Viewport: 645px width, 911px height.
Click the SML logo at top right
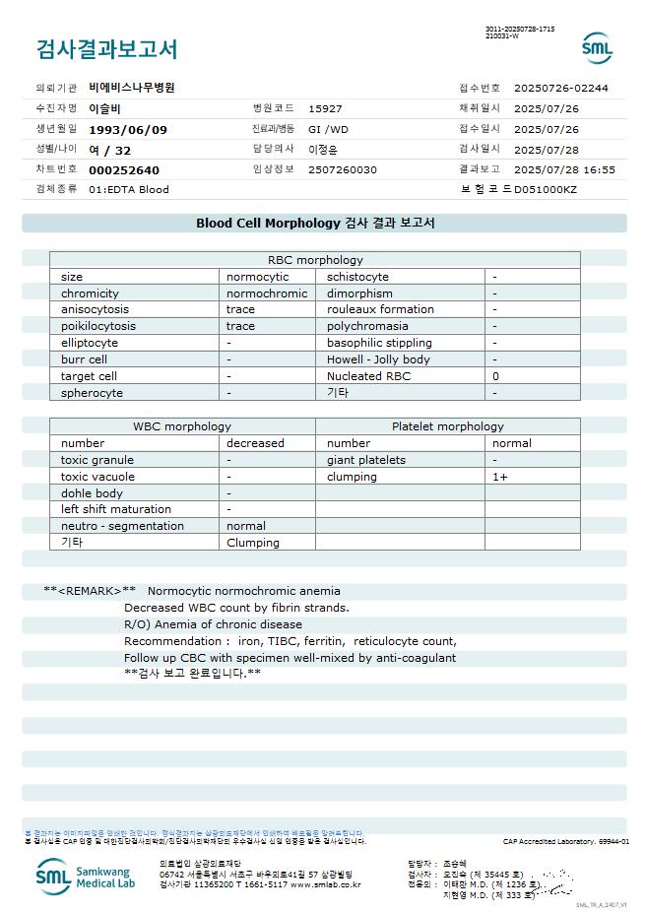click(597, 47)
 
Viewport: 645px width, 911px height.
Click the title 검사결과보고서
click(106, 49)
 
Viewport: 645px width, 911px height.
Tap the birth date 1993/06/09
click(128, 129)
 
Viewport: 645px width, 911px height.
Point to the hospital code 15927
click(325, 108)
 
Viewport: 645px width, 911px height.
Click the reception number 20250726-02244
click(561, 88)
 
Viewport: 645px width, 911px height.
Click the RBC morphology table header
click(315, 260)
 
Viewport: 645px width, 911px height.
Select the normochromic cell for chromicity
click(267, 293)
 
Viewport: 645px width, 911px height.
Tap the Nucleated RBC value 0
click(496, 376)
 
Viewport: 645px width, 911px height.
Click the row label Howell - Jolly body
click(378, 359)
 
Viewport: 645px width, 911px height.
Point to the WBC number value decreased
click(255, 443)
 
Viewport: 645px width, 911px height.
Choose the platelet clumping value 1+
click(500, 477)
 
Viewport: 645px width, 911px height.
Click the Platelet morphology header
click(447, 426)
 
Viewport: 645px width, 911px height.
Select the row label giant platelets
click(366, 460)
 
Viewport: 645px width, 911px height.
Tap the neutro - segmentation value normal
click(246, 526)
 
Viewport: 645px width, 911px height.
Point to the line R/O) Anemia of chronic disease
click(213, 624)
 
